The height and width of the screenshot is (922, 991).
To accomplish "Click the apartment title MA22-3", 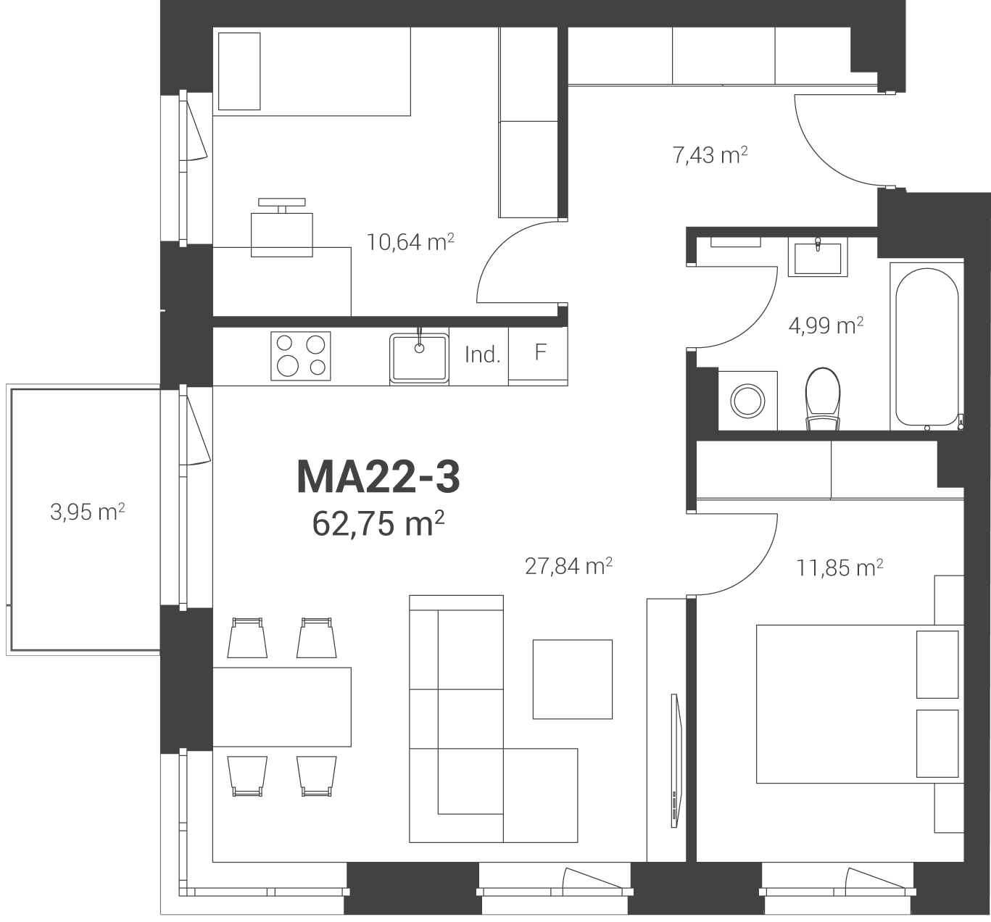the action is [x=378, y=478].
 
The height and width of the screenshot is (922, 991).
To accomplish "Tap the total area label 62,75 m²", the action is [x=378, y=523].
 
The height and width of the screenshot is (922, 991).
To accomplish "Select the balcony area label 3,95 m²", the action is [x=87, y=512].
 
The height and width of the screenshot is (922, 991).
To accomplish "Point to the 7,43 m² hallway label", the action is [x=710, y=154].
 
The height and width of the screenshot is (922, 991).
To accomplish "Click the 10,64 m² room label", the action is [x=410, y=242].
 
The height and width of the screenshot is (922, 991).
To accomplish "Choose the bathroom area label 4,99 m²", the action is [x=826, y=325].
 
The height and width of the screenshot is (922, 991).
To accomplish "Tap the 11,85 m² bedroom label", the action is [x=839, y=568].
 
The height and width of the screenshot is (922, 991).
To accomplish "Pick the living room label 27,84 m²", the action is [x=568, y=566].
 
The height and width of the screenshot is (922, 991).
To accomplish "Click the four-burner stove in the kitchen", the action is [x=301, y=356].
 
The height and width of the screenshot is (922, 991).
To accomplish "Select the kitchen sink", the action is [x=419, y=358].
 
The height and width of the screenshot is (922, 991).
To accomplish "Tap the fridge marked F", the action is [x=538, y=356].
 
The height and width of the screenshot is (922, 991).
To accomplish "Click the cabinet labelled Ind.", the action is [x=479, y=356].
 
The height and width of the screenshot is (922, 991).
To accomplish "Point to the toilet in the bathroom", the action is [x=823, y=399].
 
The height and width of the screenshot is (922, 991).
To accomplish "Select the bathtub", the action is [x=927, y=346].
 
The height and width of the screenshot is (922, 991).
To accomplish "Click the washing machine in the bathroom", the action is [x=747, y=401].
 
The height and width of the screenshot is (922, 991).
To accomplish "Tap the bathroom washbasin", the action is [x=818, y=257].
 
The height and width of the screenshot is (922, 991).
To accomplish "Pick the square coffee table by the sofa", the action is [x=573, y=679].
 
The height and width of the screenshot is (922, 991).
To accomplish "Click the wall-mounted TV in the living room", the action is [x=675, y=761].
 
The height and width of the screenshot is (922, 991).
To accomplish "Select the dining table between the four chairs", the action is [x=282, y=707].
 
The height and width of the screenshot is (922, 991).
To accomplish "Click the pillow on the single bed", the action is [x=239, y=71].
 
